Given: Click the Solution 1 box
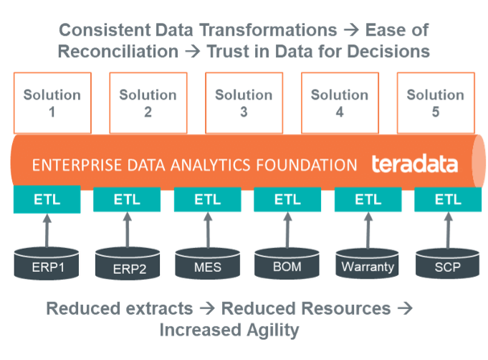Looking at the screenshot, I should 52,102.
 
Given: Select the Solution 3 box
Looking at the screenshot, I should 244,102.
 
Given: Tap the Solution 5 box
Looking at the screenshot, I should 436,102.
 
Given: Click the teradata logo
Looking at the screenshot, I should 414,164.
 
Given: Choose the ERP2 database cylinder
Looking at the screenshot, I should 126,266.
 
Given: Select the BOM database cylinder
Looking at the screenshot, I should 287,265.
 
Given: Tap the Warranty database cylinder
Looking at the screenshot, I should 368,265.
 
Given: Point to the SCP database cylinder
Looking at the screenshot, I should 447,265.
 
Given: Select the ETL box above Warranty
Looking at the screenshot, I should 368,199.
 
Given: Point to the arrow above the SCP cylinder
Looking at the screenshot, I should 447,229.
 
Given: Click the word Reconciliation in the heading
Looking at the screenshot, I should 118,52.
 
